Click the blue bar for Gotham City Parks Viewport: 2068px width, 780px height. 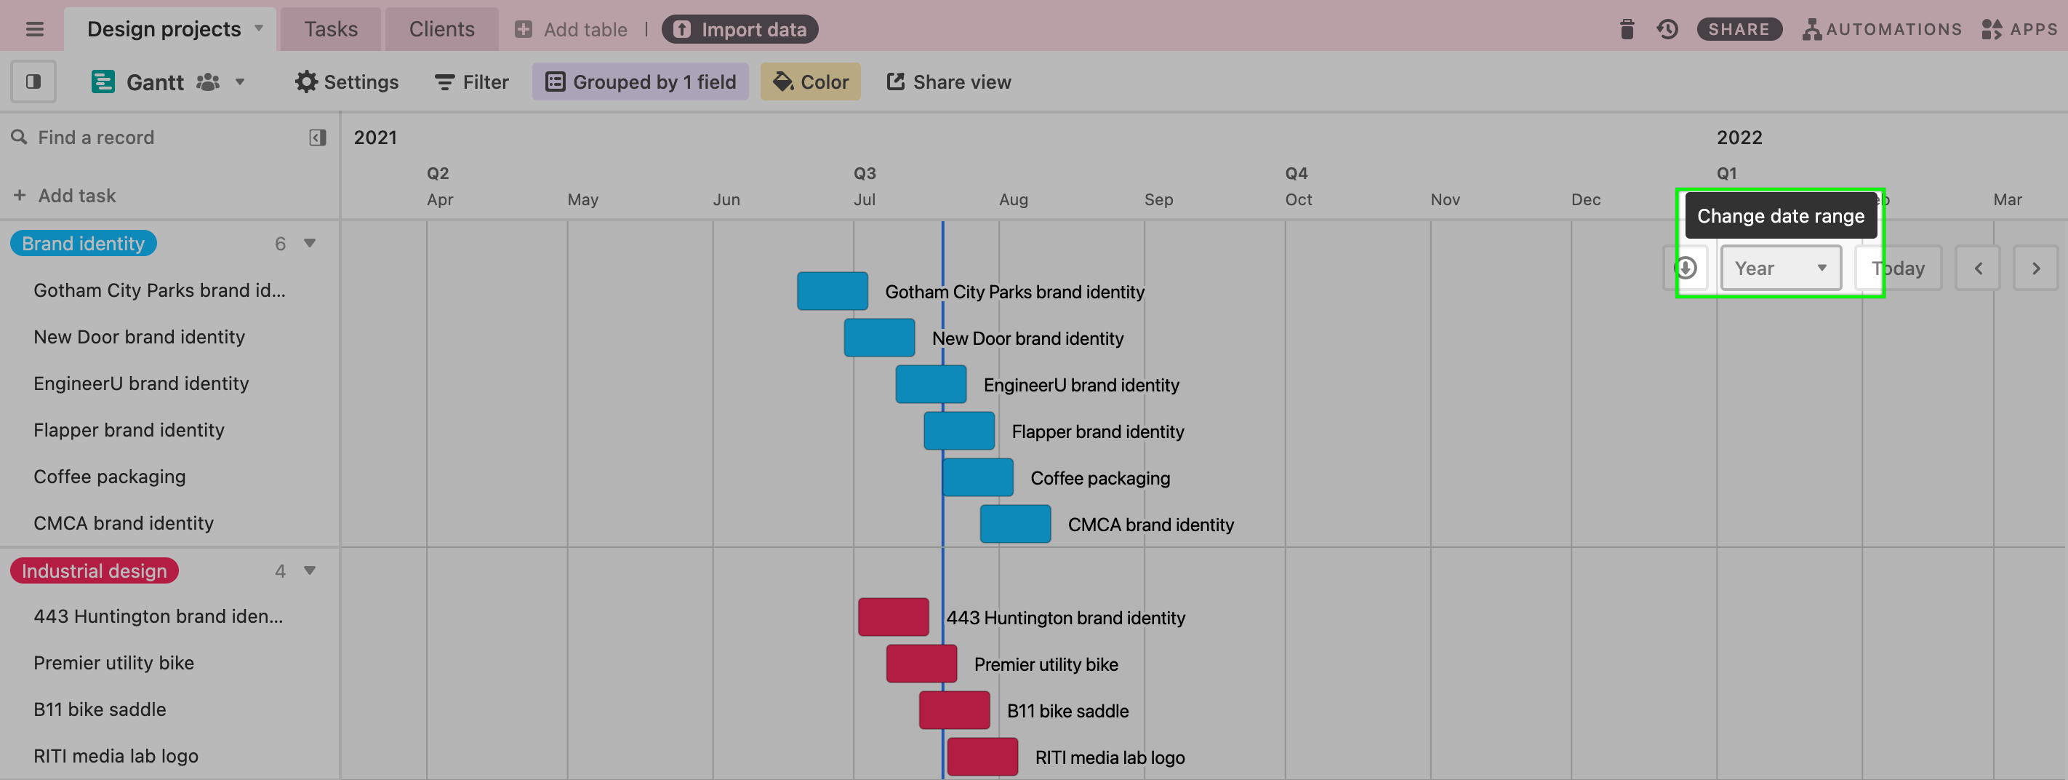(832, 291)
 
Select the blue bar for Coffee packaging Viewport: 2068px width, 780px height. (978, 477)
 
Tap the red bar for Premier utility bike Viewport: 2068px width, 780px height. (921, 664)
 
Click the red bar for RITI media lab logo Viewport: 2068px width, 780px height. (982, 757)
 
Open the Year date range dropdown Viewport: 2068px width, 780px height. (1780, 268)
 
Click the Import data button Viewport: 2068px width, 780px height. (740, 30)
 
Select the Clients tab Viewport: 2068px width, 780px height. (441, 30)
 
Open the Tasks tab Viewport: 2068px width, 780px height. (331, 30)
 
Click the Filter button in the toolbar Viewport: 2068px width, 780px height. (471, 82)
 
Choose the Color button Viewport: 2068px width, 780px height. (810, 82)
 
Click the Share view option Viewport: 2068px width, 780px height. (948, 82)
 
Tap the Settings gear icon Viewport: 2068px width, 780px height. (306, 82)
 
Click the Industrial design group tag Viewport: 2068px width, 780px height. (94, 570)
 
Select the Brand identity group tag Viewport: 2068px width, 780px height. (83, 244)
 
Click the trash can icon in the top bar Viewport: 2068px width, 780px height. (1627, 30)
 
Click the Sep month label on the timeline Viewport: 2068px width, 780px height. (1158, 199)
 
